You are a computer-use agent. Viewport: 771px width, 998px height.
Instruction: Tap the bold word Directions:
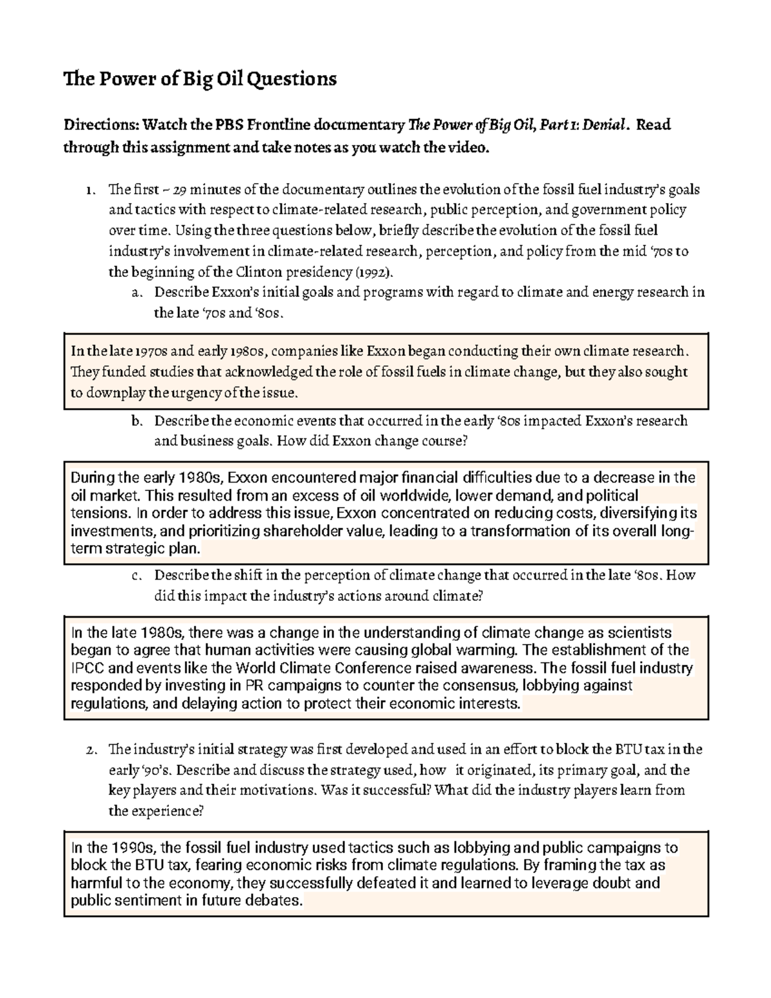point(100,125)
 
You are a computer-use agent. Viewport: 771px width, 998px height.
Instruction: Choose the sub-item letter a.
point(136,293)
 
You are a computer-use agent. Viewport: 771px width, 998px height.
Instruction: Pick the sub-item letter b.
point(136,422)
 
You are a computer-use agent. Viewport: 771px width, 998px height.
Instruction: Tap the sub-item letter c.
point(136,576)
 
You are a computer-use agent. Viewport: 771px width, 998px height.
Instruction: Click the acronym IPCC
point(85,668)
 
